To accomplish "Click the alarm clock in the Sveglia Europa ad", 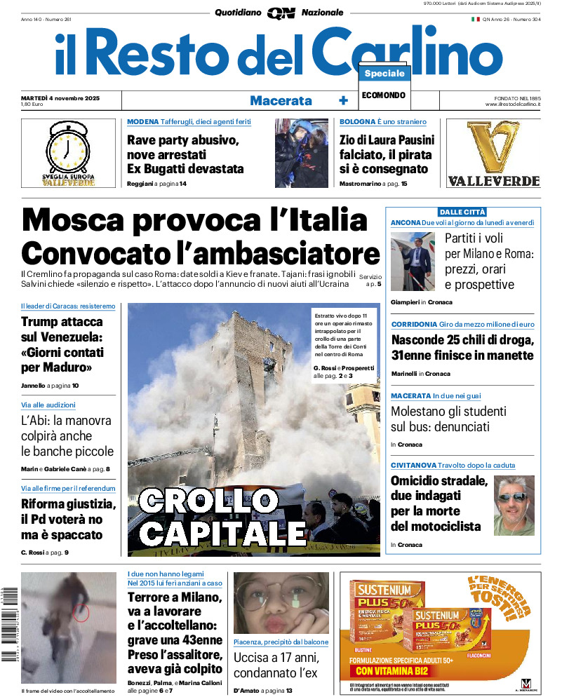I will pos(67,149).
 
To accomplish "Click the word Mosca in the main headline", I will pos(87,222).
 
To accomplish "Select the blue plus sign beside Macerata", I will pos(343,100).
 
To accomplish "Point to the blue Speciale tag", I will pos(384,74).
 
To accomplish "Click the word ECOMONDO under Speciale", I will pos(384,95).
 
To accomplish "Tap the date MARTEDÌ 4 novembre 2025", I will pos(60,97).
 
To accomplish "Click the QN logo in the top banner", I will pos(281,13).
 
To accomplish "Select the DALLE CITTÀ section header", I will pos(462,212).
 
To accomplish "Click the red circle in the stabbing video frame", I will pos(81,614).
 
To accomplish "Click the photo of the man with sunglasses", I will pos(514,505).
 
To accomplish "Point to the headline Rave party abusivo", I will pos(183,140).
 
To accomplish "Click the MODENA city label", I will pos(142,122).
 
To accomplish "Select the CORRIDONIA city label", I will pos(414,325).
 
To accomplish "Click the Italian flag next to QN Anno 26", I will pos(475,19).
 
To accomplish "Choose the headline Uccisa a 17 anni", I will pos(276,658).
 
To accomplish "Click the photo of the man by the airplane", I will pos(413,262).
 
